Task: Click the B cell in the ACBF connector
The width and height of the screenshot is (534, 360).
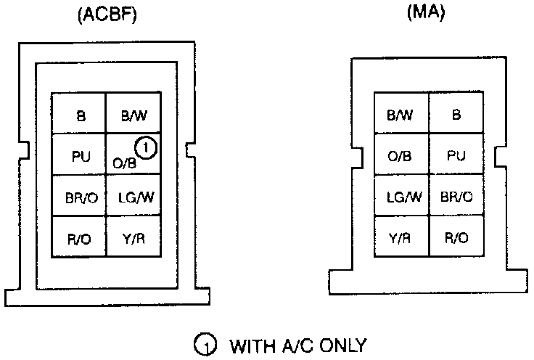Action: tap(80, 115)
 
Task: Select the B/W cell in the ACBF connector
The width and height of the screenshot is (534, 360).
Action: tap(133, 115)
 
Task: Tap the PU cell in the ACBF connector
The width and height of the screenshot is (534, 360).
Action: tap(80, 155)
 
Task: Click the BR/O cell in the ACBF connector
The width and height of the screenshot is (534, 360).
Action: tap(80, 196)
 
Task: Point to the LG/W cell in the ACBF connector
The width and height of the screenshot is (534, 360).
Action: tap(133, 196)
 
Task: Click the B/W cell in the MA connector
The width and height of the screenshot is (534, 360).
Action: tap(400, 115)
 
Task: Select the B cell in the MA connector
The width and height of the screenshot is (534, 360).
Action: tap(456, 115)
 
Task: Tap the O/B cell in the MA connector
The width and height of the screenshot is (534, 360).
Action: tap(400, 155)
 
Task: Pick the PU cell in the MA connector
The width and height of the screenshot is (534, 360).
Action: tap(456, 155)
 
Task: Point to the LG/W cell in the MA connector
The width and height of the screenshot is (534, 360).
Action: tap(400, 196)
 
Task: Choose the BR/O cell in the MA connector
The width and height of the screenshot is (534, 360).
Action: tap(456, 196)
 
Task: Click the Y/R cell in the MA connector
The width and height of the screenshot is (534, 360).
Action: tap(400, 237)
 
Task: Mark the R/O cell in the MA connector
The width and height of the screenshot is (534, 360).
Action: tap(456, 237)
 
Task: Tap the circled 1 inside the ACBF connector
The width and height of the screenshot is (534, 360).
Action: tap(147, 148)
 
